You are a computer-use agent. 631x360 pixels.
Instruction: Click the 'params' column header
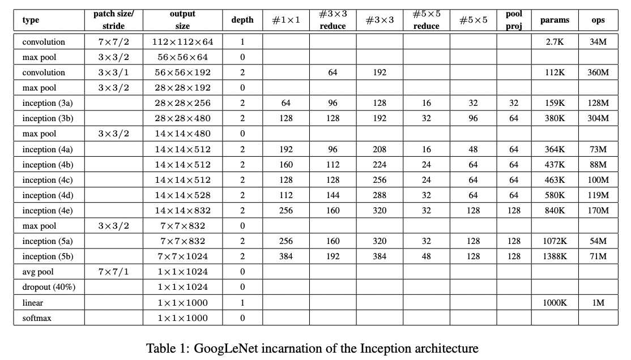[x=555, y=20]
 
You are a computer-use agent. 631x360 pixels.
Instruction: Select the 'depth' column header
[x=242, y=20]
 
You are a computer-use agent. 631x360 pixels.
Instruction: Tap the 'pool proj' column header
[x=514, y=20]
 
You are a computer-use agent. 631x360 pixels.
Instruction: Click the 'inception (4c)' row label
[x=48, y=180]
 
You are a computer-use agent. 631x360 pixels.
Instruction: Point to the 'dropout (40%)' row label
[x=49, y=287]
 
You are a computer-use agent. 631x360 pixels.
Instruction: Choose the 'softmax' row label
[x=37, y=318]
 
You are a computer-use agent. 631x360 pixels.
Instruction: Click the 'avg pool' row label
[x=38, y=272]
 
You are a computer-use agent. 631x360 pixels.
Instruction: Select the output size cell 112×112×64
[x=182, y=42]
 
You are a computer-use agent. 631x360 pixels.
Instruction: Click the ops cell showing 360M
[x=598, y=72]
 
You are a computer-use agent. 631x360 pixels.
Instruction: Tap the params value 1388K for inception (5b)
[x=555, y=256]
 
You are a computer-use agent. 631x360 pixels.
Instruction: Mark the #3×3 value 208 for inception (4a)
[x=380, y=149]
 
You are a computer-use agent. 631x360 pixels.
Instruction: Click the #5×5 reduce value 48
[x=427, y=256]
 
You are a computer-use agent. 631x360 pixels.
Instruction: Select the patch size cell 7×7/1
[x=113, y=272]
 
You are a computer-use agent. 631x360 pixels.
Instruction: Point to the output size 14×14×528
[x=182, y=195]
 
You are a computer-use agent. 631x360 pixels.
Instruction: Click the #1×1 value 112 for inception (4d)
[x=286, y=195]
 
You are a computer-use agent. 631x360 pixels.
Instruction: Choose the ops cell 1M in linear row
[x=598, y=303]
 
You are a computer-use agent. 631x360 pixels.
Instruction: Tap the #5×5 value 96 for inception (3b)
[x=473, y=118]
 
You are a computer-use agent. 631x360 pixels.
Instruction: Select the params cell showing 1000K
[x=555, y=303]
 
